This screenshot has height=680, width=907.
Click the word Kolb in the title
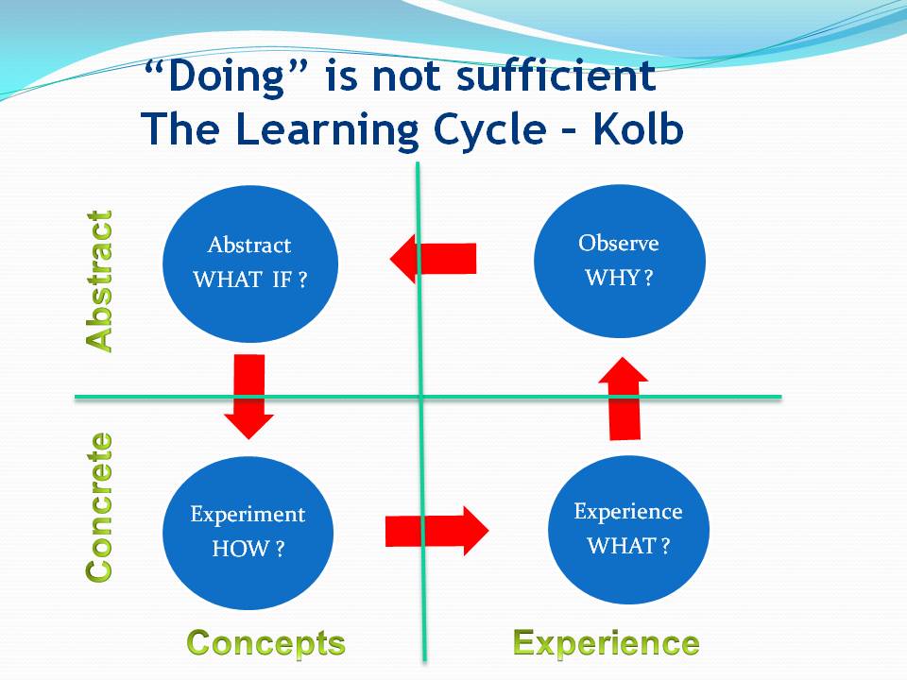pos(638,128)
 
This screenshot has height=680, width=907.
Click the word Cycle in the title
pos(489,129)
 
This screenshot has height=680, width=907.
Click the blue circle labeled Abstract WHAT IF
pos(249,263)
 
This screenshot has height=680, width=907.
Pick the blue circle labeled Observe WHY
pos(620,261)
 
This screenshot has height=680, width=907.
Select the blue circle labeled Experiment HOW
pos(248,533)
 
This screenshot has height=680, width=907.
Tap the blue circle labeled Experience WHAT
pos(628,529)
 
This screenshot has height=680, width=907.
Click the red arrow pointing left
pos(433,259)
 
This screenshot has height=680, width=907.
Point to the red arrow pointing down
pos(248,397)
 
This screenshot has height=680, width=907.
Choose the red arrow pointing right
pos(436,531)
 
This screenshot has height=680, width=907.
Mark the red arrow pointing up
pos(624,399)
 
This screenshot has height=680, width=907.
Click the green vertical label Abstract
pos(99,281)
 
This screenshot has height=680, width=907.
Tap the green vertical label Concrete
pos(99,506)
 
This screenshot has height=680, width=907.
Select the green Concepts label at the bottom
pos(266,643)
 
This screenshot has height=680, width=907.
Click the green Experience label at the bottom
pos(607,643)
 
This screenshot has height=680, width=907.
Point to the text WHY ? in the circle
pos(619,278)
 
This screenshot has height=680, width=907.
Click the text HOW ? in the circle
pos(248,548)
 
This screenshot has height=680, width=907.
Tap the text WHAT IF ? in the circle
pos(249,280)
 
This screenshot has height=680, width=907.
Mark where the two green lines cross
pos(420,398)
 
